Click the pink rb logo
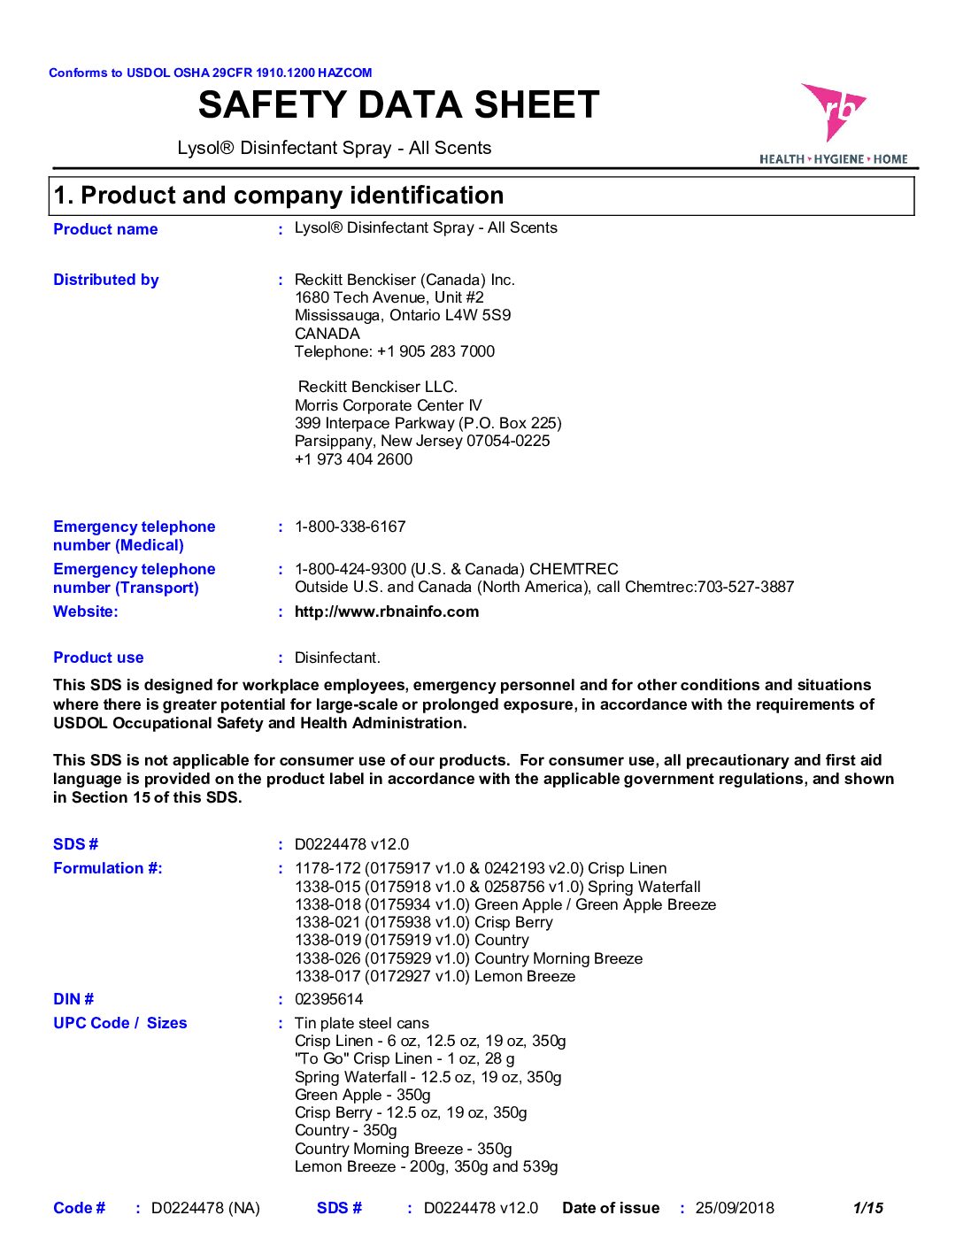833,112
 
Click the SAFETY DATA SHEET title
398,105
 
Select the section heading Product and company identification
279,196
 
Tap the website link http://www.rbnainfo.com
387,611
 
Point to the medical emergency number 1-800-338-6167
351,527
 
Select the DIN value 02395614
328,999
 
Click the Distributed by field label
106,280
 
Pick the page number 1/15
867,1208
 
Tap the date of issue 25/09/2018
735,1208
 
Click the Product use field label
98,658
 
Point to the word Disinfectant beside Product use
337,658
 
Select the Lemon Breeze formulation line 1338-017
435,976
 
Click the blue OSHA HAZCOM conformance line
211,73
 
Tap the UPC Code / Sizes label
120,1023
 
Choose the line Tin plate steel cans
362,1023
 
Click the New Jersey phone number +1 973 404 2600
354,459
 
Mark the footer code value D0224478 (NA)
205,1208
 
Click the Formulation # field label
108,868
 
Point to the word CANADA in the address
327,334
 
